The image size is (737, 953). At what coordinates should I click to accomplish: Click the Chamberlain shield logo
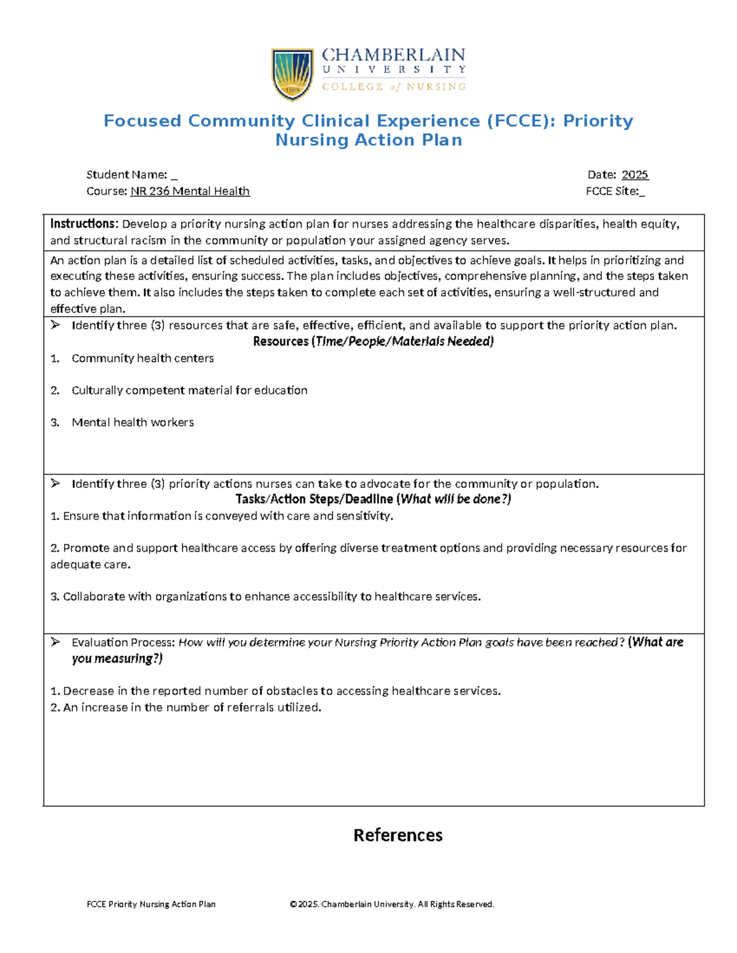click(292, 75)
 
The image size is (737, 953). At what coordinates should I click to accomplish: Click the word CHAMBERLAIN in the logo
click(393, 55)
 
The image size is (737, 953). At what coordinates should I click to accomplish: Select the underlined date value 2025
click(634, 175)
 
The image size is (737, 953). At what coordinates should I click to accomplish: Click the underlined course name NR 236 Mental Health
click(190, 191)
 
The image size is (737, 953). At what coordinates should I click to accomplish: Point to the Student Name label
click(127, 175)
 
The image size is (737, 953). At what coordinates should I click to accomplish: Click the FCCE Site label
click(612, 191)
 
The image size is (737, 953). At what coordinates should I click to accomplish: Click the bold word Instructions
click(84, 224)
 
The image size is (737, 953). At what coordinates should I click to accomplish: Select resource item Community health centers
click(142, 358)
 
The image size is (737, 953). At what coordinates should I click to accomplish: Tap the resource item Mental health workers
click(133, 422)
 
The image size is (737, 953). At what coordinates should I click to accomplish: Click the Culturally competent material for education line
click(189, 390)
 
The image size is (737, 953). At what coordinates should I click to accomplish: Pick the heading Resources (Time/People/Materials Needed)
click(373, 342)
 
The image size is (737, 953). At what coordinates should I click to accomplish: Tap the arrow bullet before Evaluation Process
click(55, 642)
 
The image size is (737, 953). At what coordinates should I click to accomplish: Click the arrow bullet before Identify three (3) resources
click(55, 325)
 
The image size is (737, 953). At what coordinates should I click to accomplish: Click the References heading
click(398, 835)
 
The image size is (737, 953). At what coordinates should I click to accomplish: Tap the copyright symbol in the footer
click(293, 904)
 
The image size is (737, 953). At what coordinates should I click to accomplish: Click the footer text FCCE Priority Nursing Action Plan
click(151, 904)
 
